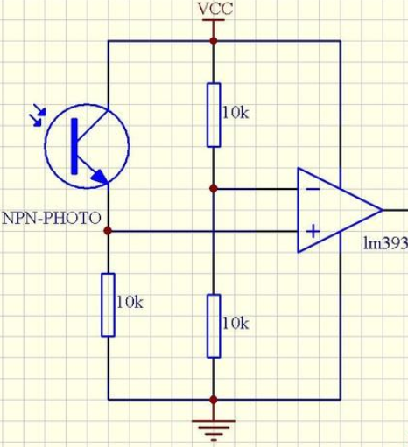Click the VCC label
click(x=215, y=9)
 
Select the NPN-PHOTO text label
click(x=52, y=218)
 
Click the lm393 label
click(x=385, y=242)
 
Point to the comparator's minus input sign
click(x=313, y=190)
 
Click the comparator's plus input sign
click(x=313, y=232)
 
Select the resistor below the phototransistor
click(x=108, y=305)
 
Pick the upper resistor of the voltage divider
click(x=214, y=115)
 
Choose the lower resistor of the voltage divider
click(x=214, y=326)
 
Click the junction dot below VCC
click(x=214, y=41)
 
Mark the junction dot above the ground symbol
click(x=214, y=400)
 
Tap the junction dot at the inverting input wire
click(x=214, y=189)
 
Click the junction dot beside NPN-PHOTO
click(x=108, y=231)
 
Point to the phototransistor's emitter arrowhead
click(x=100, y=178)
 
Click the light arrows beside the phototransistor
click(x=38, y=115)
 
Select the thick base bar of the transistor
click(x=74, y=146)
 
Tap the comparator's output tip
click(x=383, y=210)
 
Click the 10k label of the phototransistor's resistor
click(x=130, y=303)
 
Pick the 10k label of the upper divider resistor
click(x=236, y=113)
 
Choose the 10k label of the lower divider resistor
click(x=236, y=324)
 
